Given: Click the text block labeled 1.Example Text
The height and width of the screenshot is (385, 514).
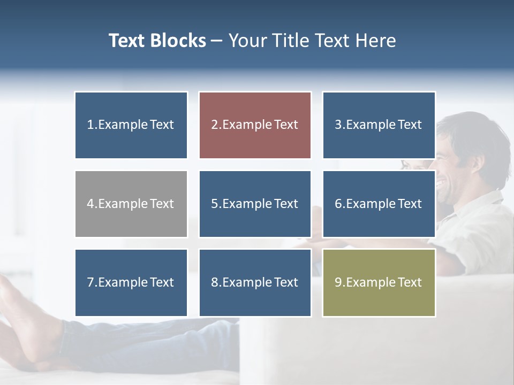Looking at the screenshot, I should [131, 125].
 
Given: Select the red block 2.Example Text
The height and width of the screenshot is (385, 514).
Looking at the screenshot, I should [255, 125].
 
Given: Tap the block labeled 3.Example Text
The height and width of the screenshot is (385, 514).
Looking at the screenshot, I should [379, 125].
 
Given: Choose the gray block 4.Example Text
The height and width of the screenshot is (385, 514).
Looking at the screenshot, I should [131, 204].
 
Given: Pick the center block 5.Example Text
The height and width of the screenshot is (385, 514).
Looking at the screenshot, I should [255, 204].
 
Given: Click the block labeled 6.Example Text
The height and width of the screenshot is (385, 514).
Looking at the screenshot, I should [379, 204].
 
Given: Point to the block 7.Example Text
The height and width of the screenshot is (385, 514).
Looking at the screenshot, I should [131, 282].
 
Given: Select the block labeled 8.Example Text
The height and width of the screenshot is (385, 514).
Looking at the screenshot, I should [255, 282].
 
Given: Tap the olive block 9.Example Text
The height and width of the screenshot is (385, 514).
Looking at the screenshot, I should [379, 282].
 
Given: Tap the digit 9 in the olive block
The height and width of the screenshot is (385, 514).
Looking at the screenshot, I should [338, 282].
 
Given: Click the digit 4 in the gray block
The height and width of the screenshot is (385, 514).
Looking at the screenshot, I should [90, 204].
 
